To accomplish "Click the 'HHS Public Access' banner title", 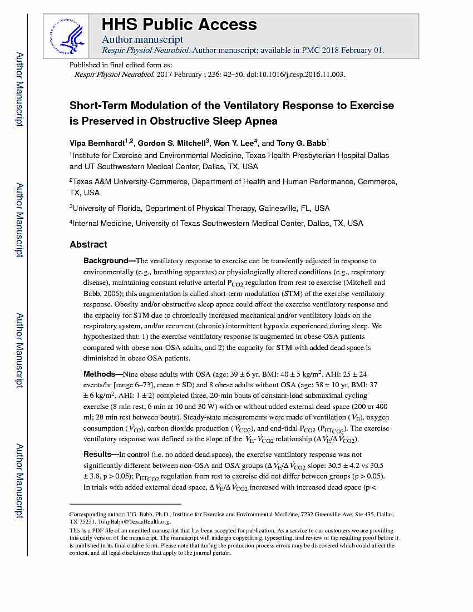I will pyautogui.click(x=179, y=24).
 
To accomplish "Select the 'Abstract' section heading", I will pyautogui.click(x=88, y=244).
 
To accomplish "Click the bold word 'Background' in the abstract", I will pyautogui.click(x=106, y=260).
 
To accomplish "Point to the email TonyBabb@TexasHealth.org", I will pyautogui.click(x=134, y=521).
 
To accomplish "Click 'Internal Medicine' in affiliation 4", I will pyautogui.click(x=102, y=223).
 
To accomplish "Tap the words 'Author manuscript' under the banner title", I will pyautogui.click(x=142, y=40).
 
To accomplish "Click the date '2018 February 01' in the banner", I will pyautogui.click(x=351, y=50).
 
